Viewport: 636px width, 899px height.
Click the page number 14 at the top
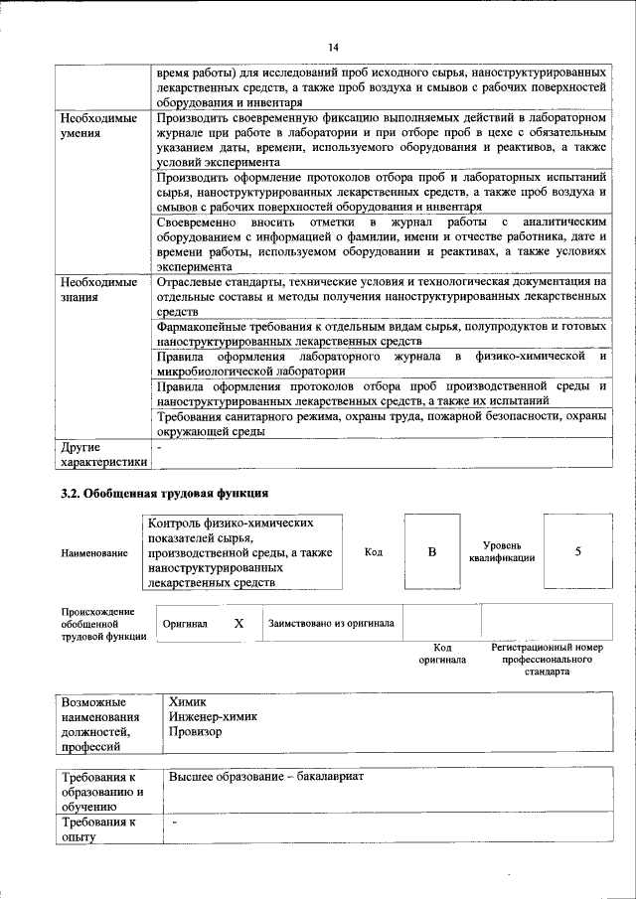(x=333, y=47)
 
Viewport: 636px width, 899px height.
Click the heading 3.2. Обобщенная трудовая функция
(x=164, y=493)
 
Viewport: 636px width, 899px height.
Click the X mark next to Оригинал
(x=238, y=623)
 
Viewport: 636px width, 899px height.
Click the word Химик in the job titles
(x=188, y=700)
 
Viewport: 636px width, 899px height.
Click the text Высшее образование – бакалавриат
(x=268, y=776)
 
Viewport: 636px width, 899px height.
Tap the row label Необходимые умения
(x=97, y=126)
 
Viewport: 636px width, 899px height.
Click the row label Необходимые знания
(x=97, y=290)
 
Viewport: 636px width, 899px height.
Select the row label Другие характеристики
(x=103, y=454)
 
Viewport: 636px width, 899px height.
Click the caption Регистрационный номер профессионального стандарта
(x=548, y=659)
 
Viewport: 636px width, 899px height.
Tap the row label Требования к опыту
(x=98, y=830)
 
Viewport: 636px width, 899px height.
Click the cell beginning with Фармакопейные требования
(x=382, y=334)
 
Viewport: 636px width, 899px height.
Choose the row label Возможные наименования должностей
(x=101, y=723)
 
